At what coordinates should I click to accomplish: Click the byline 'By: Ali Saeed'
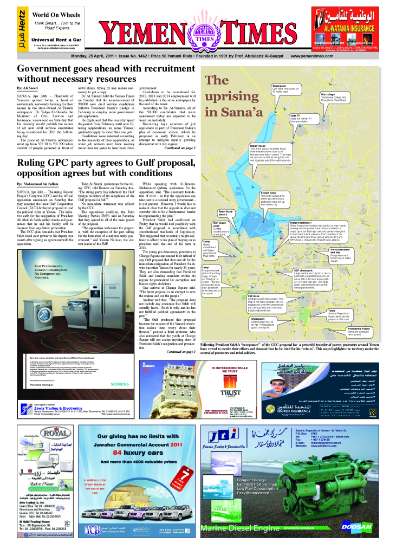click(x=28, y=87)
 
